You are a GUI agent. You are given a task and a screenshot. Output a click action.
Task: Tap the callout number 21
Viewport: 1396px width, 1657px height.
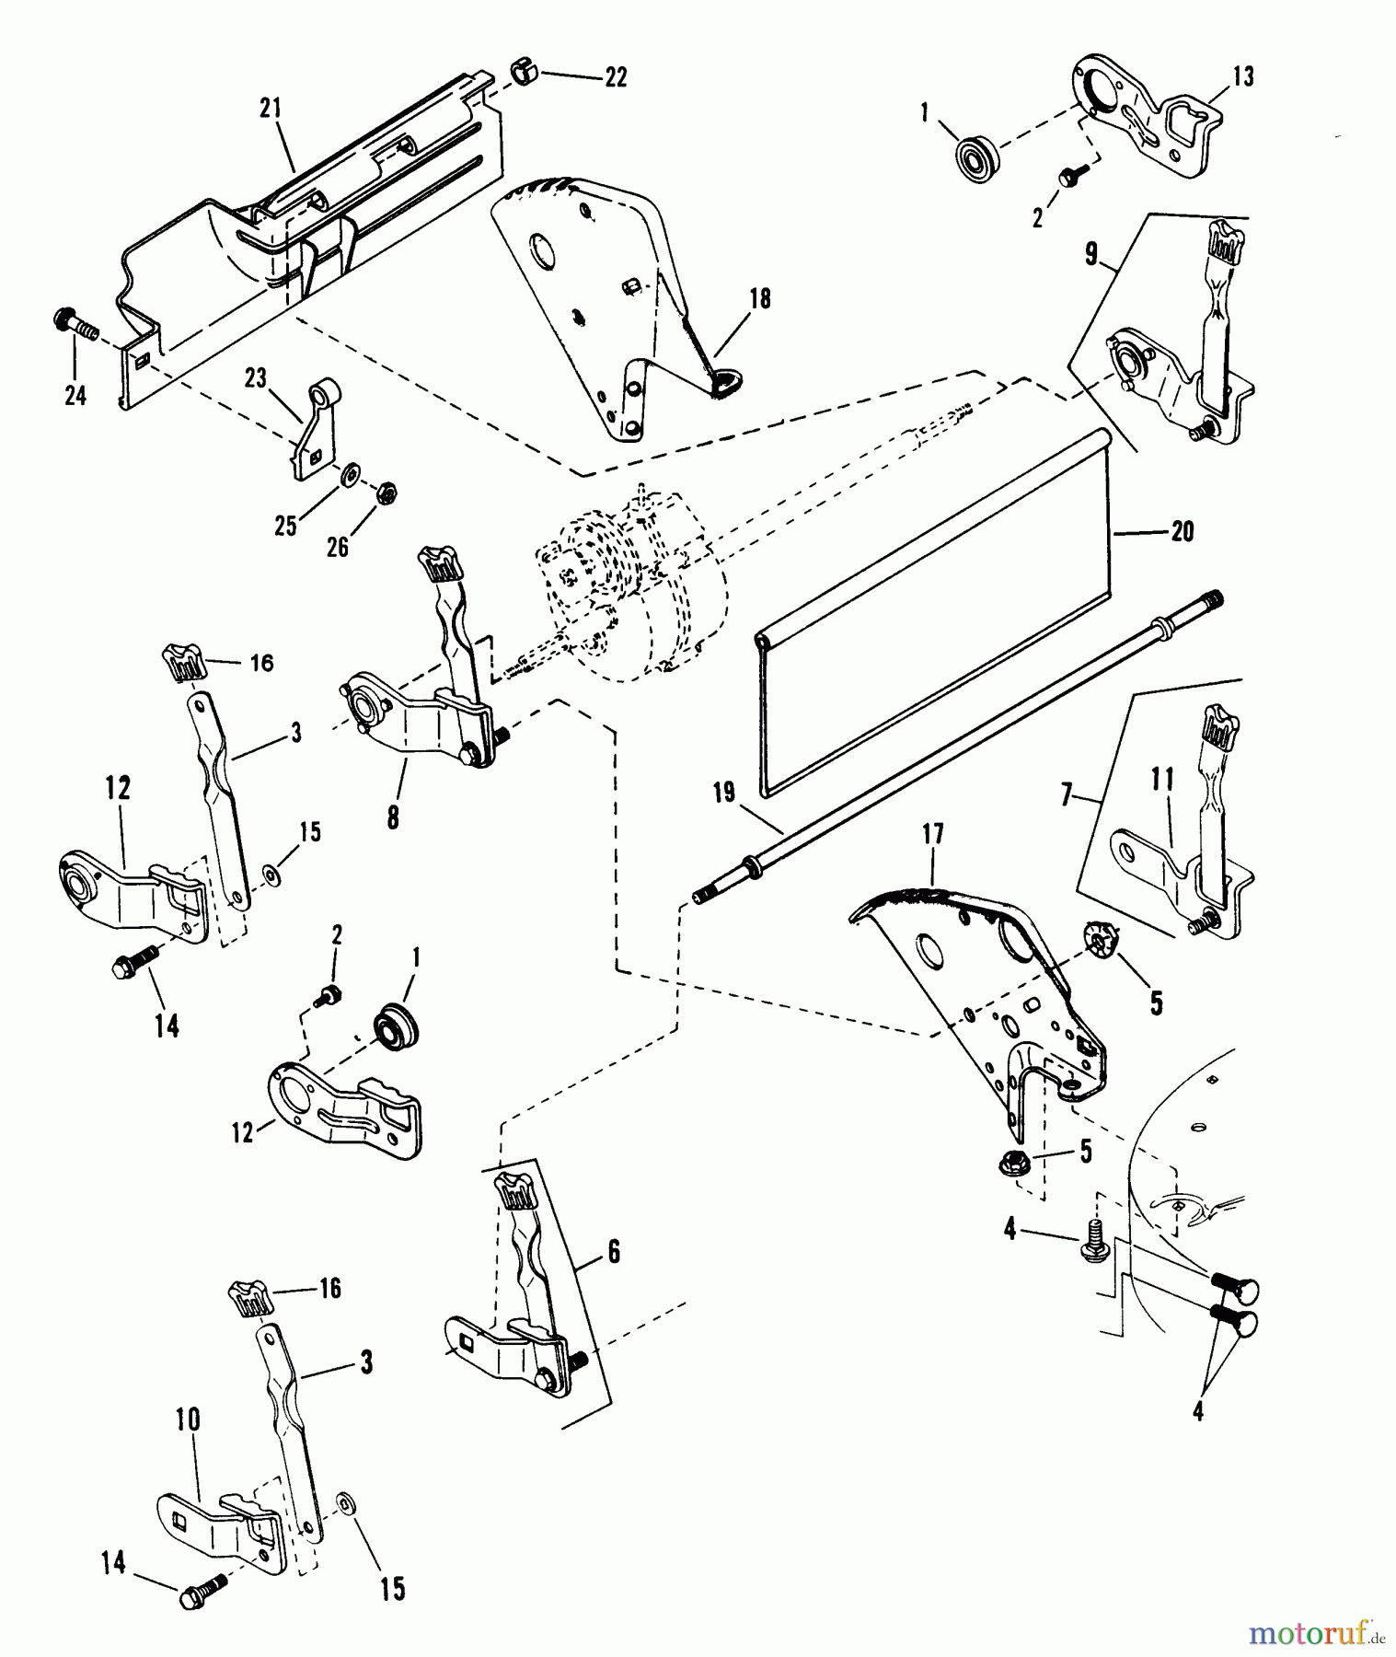point(270,110)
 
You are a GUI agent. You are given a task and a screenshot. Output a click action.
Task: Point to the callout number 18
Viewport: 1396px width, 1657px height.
point(760,298)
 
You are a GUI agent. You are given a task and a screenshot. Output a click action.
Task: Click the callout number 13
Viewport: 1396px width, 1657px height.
point(1242,77)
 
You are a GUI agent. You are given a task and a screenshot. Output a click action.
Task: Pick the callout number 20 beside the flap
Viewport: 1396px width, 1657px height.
point(1182,531)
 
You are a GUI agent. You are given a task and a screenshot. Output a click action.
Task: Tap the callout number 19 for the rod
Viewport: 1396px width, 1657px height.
point(724,794)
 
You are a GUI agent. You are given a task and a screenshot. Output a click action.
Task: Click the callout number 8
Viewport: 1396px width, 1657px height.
point(393,817)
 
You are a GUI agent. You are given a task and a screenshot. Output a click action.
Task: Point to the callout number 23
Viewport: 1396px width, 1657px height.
point(255,378)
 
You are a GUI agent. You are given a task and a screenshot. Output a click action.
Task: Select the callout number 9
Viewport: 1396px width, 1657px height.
point(1090,254)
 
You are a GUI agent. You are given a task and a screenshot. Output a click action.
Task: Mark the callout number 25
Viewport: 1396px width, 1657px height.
point(286,526)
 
